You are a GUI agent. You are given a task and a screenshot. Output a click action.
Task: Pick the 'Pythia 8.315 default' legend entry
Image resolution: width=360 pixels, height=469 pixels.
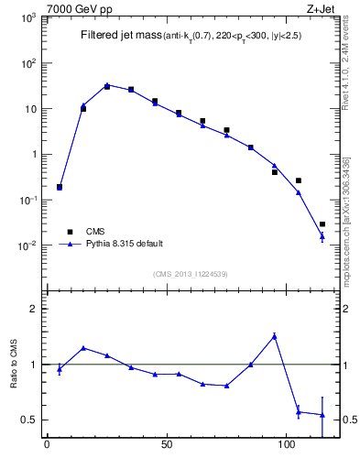(125, 245)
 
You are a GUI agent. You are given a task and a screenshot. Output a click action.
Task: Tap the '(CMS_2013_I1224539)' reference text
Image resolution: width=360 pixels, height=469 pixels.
(191, 274)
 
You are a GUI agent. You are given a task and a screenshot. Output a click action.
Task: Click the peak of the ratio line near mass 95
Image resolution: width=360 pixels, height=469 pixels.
(275, 336)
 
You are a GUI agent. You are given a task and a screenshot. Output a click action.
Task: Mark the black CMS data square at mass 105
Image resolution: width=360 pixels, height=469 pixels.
(299, 180)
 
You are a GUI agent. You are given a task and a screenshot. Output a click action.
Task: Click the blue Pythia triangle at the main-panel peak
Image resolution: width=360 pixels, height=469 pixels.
(107, 85)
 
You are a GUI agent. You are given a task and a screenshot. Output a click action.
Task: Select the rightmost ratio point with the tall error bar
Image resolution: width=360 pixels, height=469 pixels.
(322, 415)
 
